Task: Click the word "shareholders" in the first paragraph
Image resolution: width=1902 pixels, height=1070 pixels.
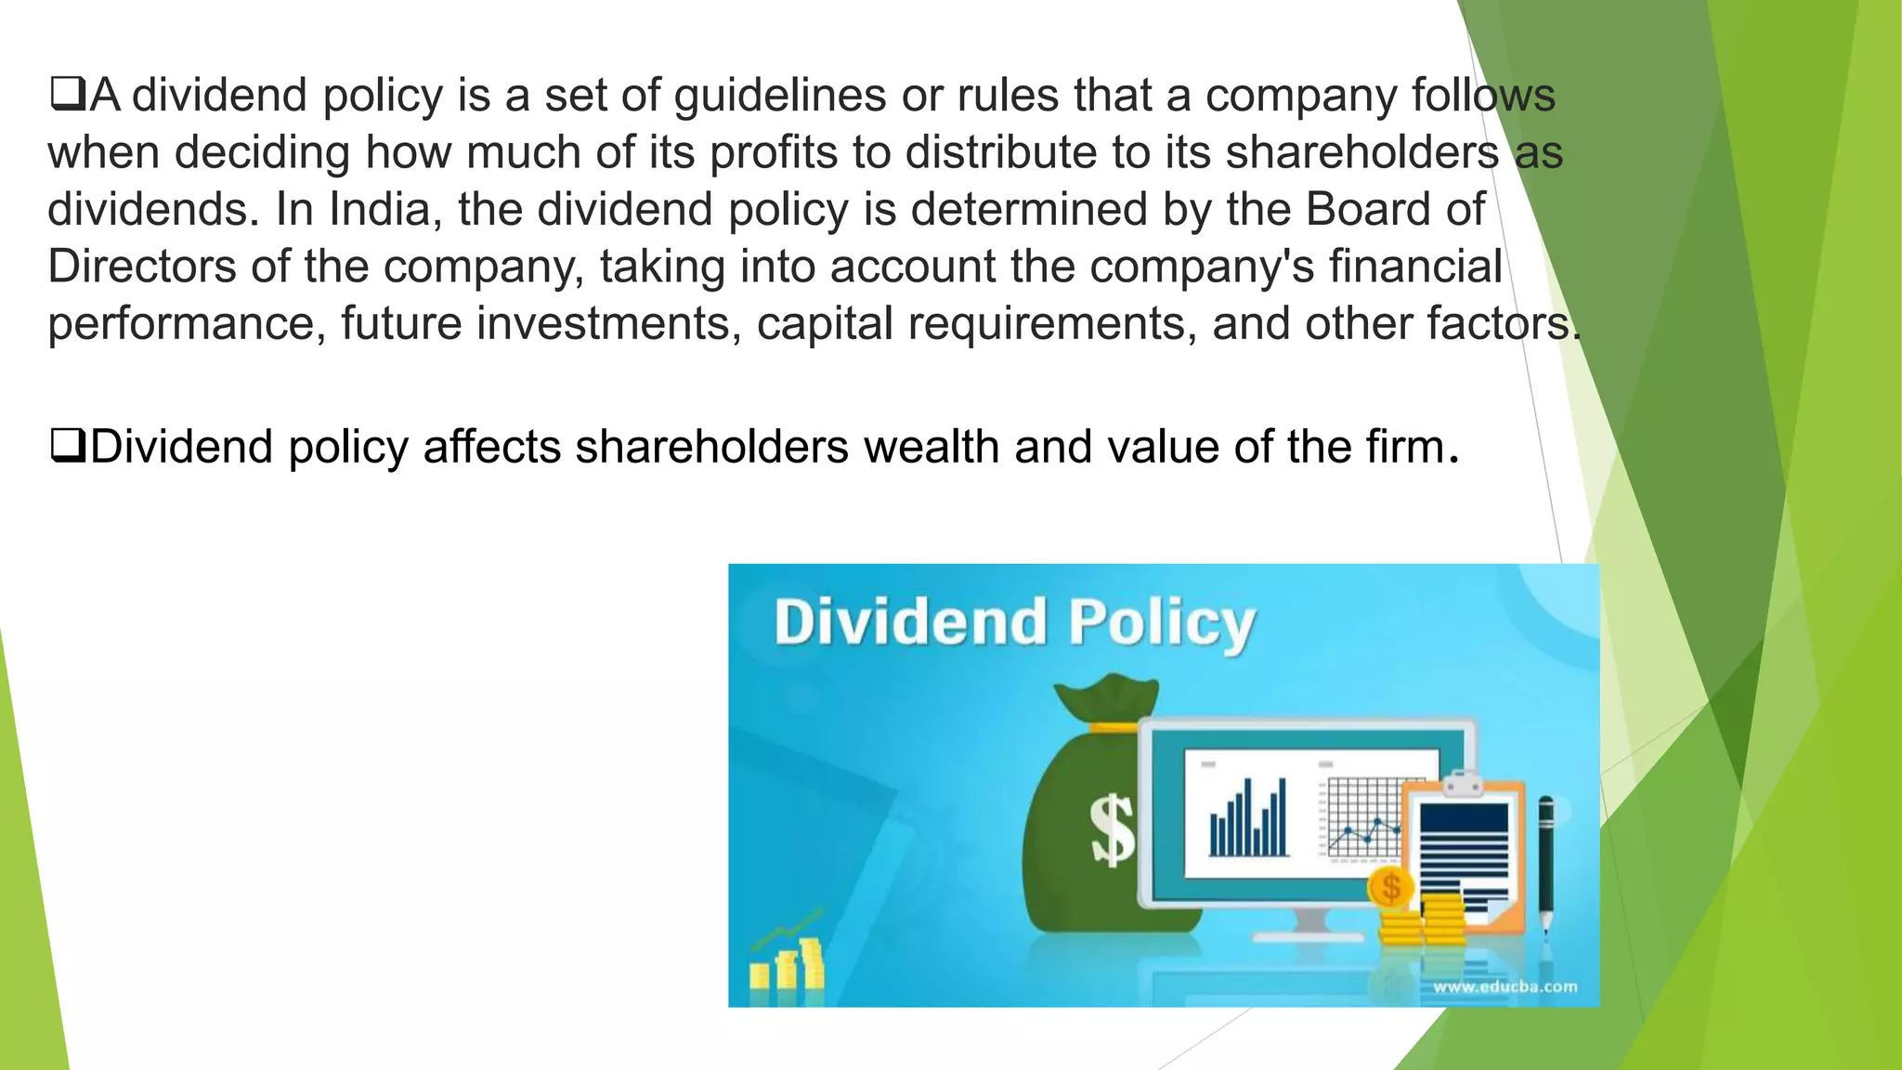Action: click(x=1361, y=152)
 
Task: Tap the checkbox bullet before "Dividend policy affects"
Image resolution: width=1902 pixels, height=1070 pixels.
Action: click(x=67, y=446)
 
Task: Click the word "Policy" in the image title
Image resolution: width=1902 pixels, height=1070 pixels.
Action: click(x=1161, y=622)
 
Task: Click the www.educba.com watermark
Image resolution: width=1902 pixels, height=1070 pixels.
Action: click(x=1505, y=986)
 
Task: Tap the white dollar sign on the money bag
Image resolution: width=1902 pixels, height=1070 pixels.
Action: click(x=1112, y=829)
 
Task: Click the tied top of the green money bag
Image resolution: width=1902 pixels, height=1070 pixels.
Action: click(x=1107, y=701)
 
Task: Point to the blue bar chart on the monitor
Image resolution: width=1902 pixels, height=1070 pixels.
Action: click(x=1248, y=818)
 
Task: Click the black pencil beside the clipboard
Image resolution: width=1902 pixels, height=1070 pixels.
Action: click(x=1545, y=859)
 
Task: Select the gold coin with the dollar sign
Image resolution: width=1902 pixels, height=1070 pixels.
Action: click(x=1390, y=887)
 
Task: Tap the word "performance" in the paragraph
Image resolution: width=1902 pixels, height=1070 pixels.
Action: click(x=187, y=324)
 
